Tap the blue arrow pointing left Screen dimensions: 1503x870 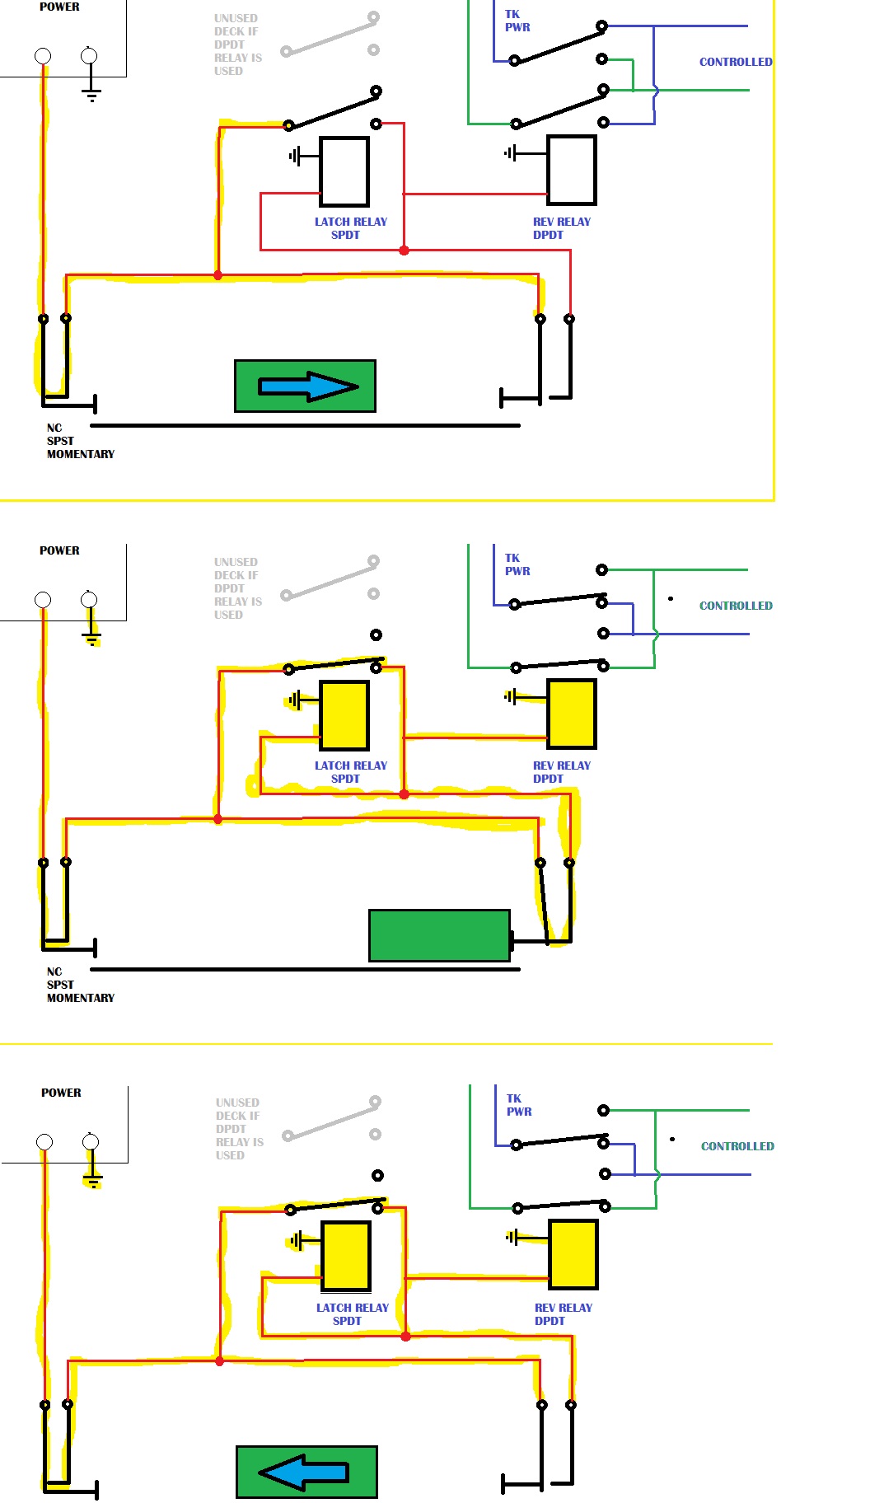pyautogui.click(x=303, y=1472)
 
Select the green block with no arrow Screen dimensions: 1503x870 pyautogui.click(x=439, y=935)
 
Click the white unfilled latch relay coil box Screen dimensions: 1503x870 pyautogui.click(x=344, y=171)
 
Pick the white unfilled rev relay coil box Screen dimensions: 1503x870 pyautogui.click(x=572, y=171)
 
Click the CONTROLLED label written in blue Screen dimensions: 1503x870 pyautogui.click(x=736, y=62)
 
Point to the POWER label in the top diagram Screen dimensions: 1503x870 pyautogui.click(x=59, y=7)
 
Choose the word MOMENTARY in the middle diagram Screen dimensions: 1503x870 pyautogui.click(x=81, y=998)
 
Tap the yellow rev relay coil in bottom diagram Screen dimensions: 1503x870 pyautogui.click(x=573, y=1254)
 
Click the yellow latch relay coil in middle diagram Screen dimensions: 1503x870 pyautogui.click(x=344, y=715)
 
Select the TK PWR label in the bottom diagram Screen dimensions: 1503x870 pyautogui.click(x=518, y=1105)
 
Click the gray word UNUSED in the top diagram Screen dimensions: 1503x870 pyautogui.click(x=236, y=18)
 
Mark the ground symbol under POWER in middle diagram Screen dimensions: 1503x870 pyautogui.click(x=91, y=637)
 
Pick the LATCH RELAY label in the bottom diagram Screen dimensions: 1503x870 pyautogui.click(x=352, y=1308)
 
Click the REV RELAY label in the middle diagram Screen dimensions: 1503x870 pyautogui.click(x=562, y=766)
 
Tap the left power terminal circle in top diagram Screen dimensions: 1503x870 pyautogui.click(x=43, y=56)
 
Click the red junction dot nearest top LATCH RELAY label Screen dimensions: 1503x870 pyautogui.click(x=404, y=250)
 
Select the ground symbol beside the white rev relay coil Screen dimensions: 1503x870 pyautogui.click(x=511, y=153)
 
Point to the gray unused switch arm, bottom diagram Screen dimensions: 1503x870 pyautogui.click(x=331, y=1119)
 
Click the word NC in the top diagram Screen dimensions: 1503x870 pyautogui.click(x=54, y=428)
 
